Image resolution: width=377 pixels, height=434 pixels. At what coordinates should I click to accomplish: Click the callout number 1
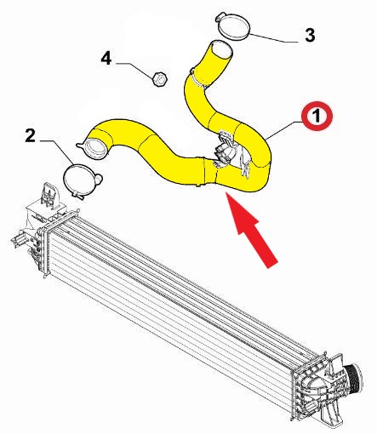pyautogui.click(x=317, y=116)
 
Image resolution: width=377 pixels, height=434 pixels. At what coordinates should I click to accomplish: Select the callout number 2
pyautogui.click(x=31, y=135)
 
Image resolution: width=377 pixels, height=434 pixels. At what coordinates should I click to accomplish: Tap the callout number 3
pyautogui.click(x=310, y=36)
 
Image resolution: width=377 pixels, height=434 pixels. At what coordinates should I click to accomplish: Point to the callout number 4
pyautogui.click(x=106, y=59)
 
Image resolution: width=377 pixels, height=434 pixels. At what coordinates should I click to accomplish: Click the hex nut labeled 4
pyautogui.click(x=159, y=79)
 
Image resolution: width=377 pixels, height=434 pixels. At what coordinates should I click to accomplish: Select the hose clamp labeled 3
pyautogui.click(x=234, y=26)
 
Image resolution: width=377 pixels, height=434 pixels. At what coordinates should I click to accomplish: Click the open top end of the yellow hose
pyautogui.click(x=220, y=50)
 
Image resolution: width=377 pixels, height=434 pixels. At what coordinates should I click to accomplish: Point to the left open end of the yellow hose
pyautogui.click(x=95, y=147)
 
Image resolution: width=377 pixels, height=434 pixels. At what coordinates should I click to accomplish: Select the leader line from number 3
pyautogui.click(x=274, y=38)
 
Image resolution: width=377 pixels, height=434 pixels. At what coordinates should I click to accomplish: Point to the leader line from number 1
pyautogui.click(x=285, y=129)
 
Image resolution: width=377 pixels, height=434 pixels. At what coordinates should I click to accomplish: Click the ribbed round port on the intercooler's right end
pyautogui.click(x=352, y=374)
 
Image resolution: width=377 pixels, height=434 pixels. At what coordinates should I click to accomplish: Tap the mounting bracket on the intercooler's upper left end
pyautogui.click(x=49, y=195)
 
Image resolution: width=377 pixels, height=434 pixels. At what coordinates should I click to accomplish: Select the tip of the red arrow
pyautogui.click(x=226, y=192)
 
